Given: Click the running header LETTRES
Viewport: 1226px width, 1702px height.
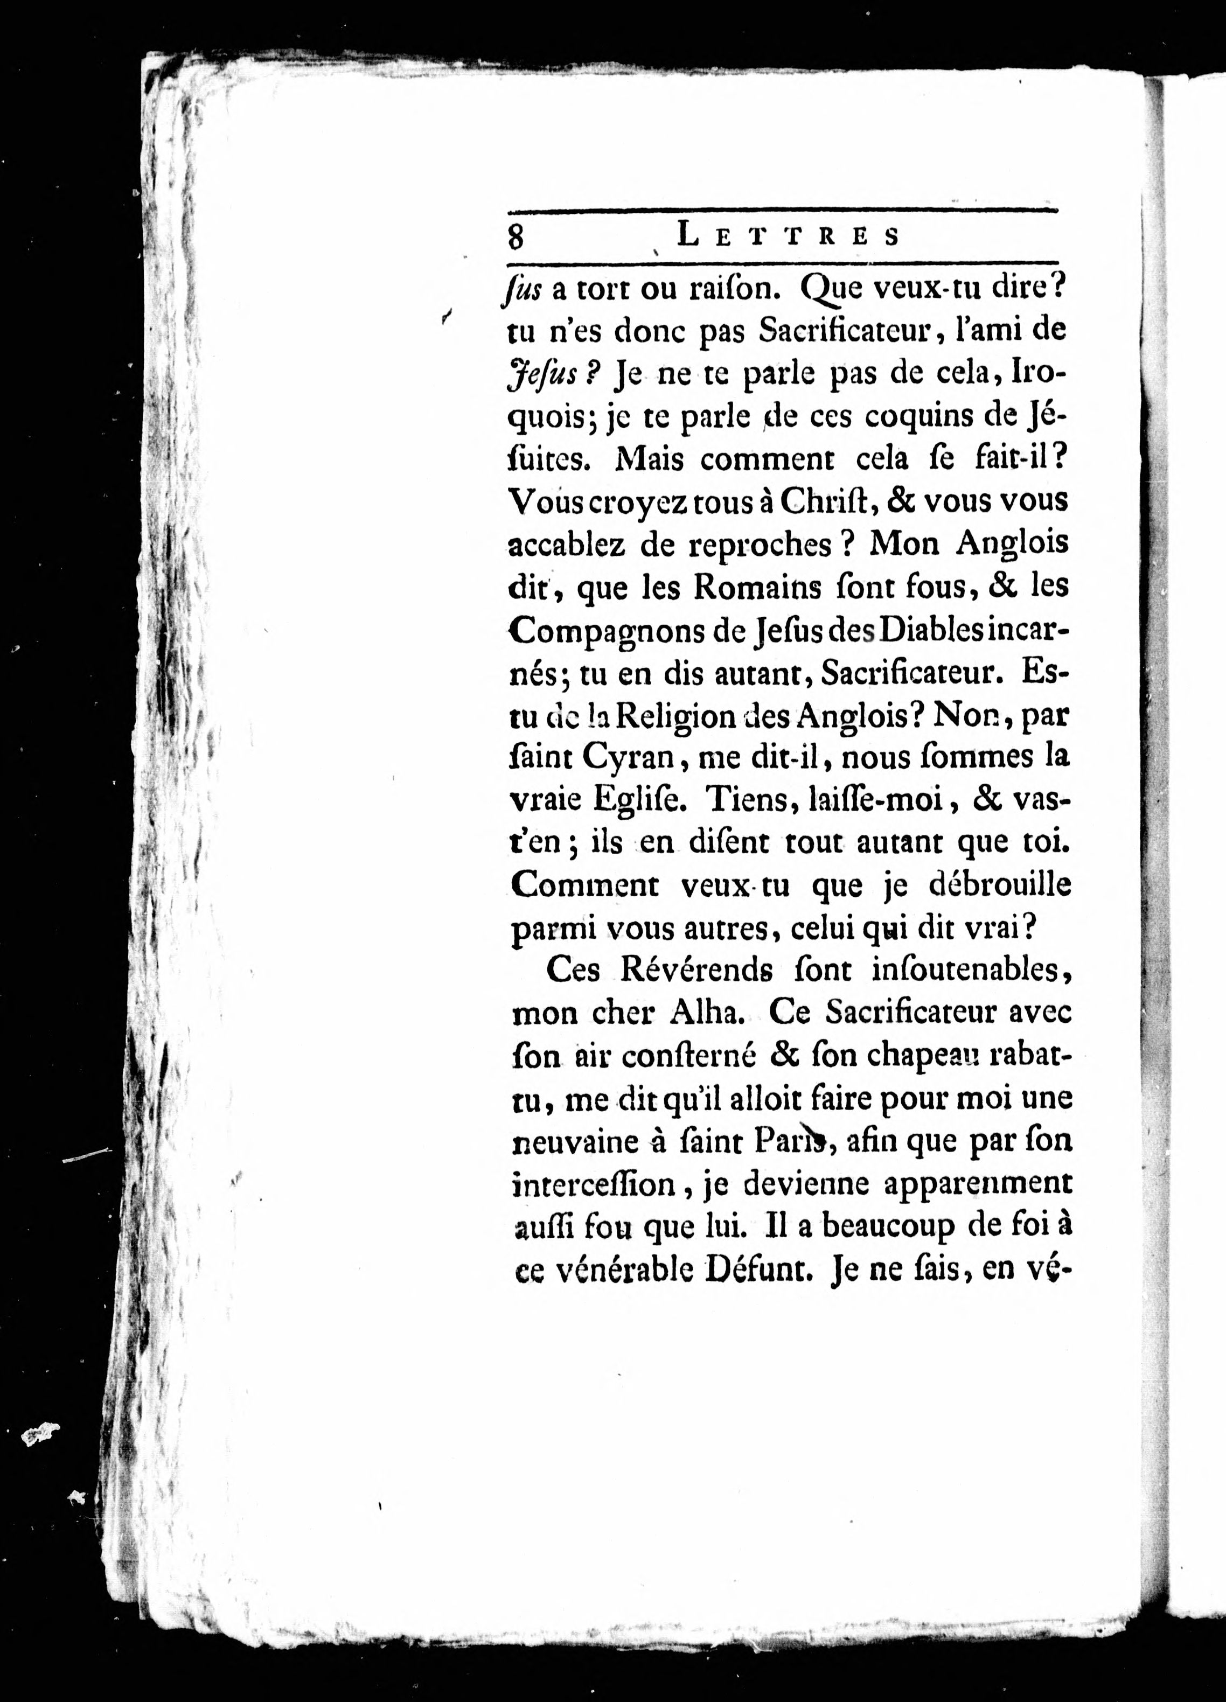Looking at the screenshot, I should [x=788, y=235].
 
